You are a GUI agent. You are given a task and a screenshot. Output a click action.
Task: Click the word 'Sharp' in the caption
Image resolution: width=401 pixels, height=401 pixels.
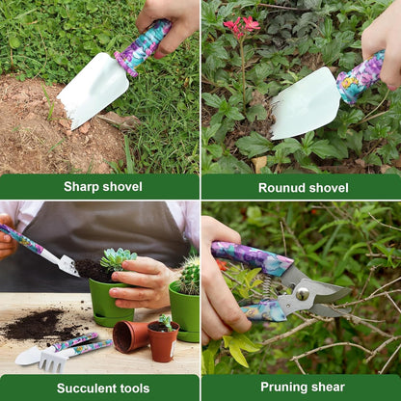(x=82, y=187)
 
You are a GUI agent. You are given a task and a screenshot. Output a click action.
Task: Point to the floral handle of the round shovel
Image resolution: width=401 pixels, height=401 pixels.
(x=361, y=77)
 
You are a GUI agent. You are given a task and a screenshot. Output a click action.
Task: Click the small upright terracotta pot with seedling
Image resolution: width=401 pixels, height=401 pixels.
(x=163, y=341)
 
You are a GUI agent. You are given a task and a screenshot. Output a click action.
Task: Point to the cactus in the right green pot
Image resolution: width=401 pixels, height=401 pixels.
(x=190, y=276)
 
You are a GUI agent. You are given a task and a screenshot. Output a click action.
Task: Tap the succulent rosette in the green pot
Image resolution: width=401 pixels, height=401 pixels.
(x=119, y=258)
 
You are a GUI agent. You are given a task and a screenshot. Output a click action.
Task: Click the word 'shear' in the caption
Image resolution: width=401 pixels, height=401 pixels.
(x=330, y=388)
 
